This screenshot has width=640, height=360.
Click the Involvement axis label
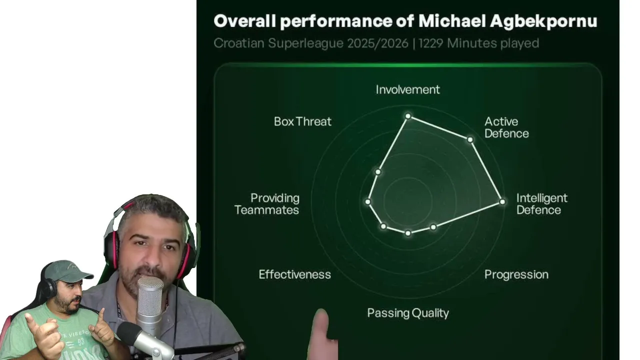pyautogui.click(x=407, y=89)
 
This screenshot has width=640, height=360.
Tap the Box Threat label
pyautogui.click(x=302, y=121)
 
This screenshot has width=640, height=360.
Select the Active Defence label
pyautogui.click(x=506, y=127)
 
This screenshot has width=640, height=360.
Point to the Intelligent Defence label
pyautogui.click(x=541, y=204)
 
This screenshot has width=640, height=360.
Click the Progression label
pyautogui.click(x=516, y=274)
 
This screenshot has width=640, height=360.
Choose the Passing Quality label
pyautogui.click(x=407, y=313)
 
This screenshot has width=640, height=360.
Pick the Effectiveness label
pyautogui.click(x=295, y=274)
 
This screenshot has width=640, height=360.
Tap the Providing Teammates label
pyautogui.click(x=267, y=204)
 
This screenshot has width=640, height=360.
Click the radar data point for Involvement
pyautogui.click(x=408, y=116)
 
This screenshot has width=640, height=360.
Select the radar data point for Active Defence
pyautogui.click(x=470, y=139)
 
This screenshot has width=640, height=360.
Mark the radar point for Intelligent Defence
pyautogui.click(x=502, y=201)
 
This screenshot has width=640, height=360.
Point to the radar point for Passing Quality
pyautogui.click(x=408, y=233)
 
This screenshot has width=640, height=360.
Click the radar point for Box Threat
pyautogui.click(x=378, y=171)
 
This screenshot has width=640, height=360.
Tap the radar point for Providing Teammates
pyautogui.click(x=368, y=201)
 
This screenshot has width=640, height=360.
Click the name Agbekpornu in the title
pyautogui.click(x=543, y=21)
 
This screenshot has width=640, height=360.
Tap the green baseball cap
pyautogui.click(x=68, y=271)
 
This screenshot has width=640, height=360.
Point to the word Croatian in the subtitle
pyautogui.click(x=239, y=43)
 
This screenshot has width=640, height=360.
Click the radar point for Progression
pyautogui.click(x=433, y=227)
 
